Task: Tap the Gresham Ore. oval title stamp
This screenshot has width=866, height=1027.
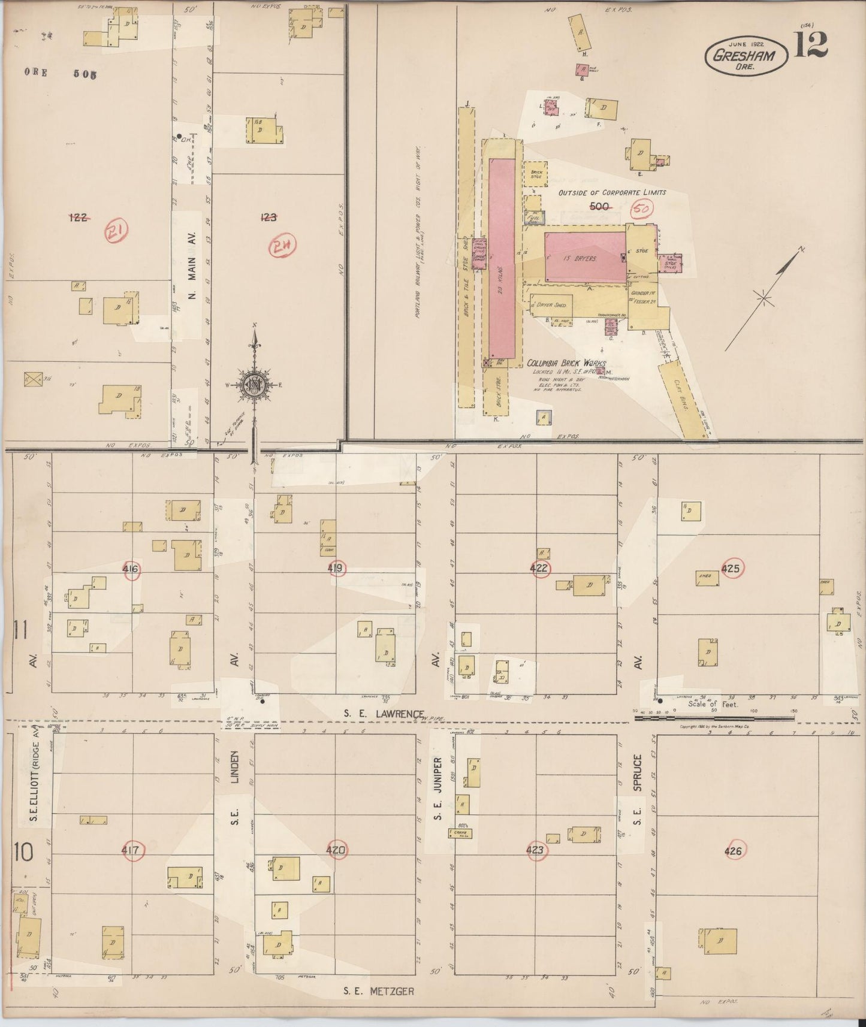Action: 746,58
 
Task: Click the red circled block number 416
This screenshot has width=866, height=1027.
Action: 131,570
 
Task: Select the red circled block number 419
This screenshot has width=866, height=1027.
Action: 337,568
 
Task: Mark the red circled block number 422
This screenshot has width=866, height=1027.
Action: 540,569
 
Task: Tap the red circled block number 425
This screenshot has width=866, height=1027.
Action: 731,568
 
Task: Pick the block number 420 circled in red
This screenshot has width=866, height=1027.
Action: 337,849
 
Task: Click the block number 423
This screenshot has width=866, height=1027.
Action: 536,850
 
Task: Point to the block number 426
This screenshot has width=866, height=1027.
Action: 733,851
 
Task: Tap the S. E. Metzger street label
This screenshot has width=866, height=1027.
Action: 378,991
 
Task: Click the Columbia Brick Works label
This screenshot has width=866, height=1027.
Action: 566,364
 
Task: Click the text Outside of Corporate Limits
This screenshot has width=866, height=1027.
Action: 612,193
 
